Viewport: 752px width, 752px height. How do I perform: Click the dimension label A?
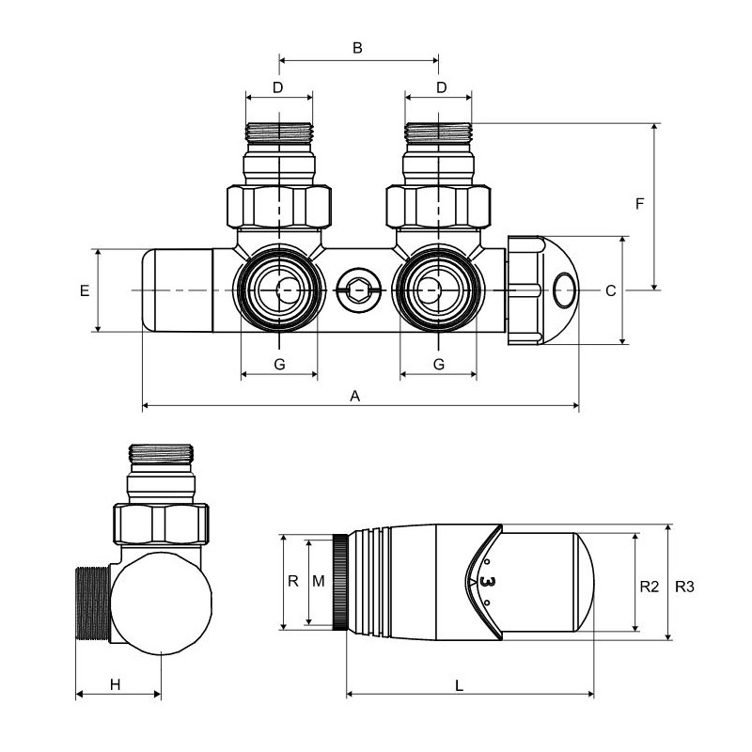click(355, 397)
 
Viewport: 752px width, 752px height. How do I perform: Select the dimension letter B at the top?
click(357, 48)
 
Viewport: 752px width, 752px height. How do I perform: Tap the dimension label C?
click(610, 290)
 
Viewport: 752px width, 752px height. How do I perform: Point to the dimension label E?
click(85, 290)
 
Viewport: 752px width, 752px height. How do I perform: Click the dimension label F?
click(639, 204)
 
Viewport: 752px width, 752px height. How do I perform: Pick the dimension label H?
click(115, 684)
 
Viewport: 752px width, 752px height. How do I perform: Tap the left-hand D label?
click(277, 87)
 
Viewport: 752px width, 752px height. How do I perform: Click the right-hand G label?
click(438, 364)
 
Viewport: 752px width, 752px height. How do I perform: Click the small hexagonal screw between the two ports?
click(358, 290)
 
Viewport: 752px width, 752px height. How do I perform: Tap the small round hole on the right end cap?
click(565, 289)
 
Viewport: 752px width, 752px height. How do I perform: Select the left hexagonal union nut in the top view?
click(279, 206)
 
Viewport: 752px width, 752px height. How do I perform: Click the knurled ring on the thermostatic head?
click(339, 583)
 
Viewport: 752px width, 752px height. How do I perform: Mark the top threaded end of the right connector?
click(438, 133)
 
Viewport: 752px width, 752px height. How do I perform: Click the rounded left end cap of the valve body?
click(175, 290)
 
